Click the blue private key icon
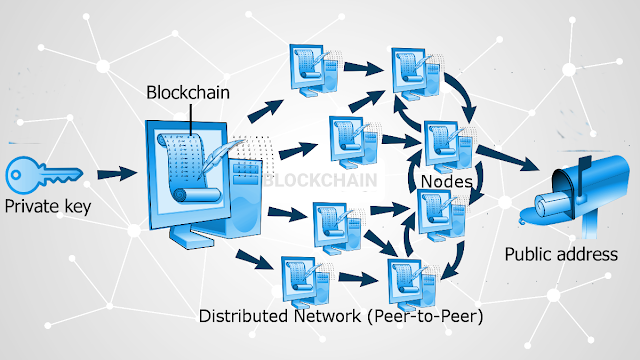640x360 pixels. click(43, 175)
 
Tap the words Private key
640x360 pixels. click(48, 206)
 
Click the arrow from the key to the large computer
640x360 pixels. click(117, 173)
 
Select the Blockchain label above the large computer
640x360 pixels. click(188, 93)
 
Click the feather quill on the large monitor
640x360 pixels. click(219, 157)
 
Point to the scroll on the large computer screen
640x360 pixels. click(189, 167)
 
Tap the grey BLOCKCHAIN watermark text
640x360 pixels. click(320, 180)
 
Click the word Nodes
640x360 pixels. click(447, 181)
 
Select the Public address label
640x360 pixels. click(561, 254)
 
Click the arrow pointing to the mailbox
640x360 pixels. click(507, 158)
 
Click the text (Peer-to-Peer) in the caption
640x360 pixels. click(425, 316)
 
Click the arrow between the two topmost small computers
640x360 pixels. click(363, 68)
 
